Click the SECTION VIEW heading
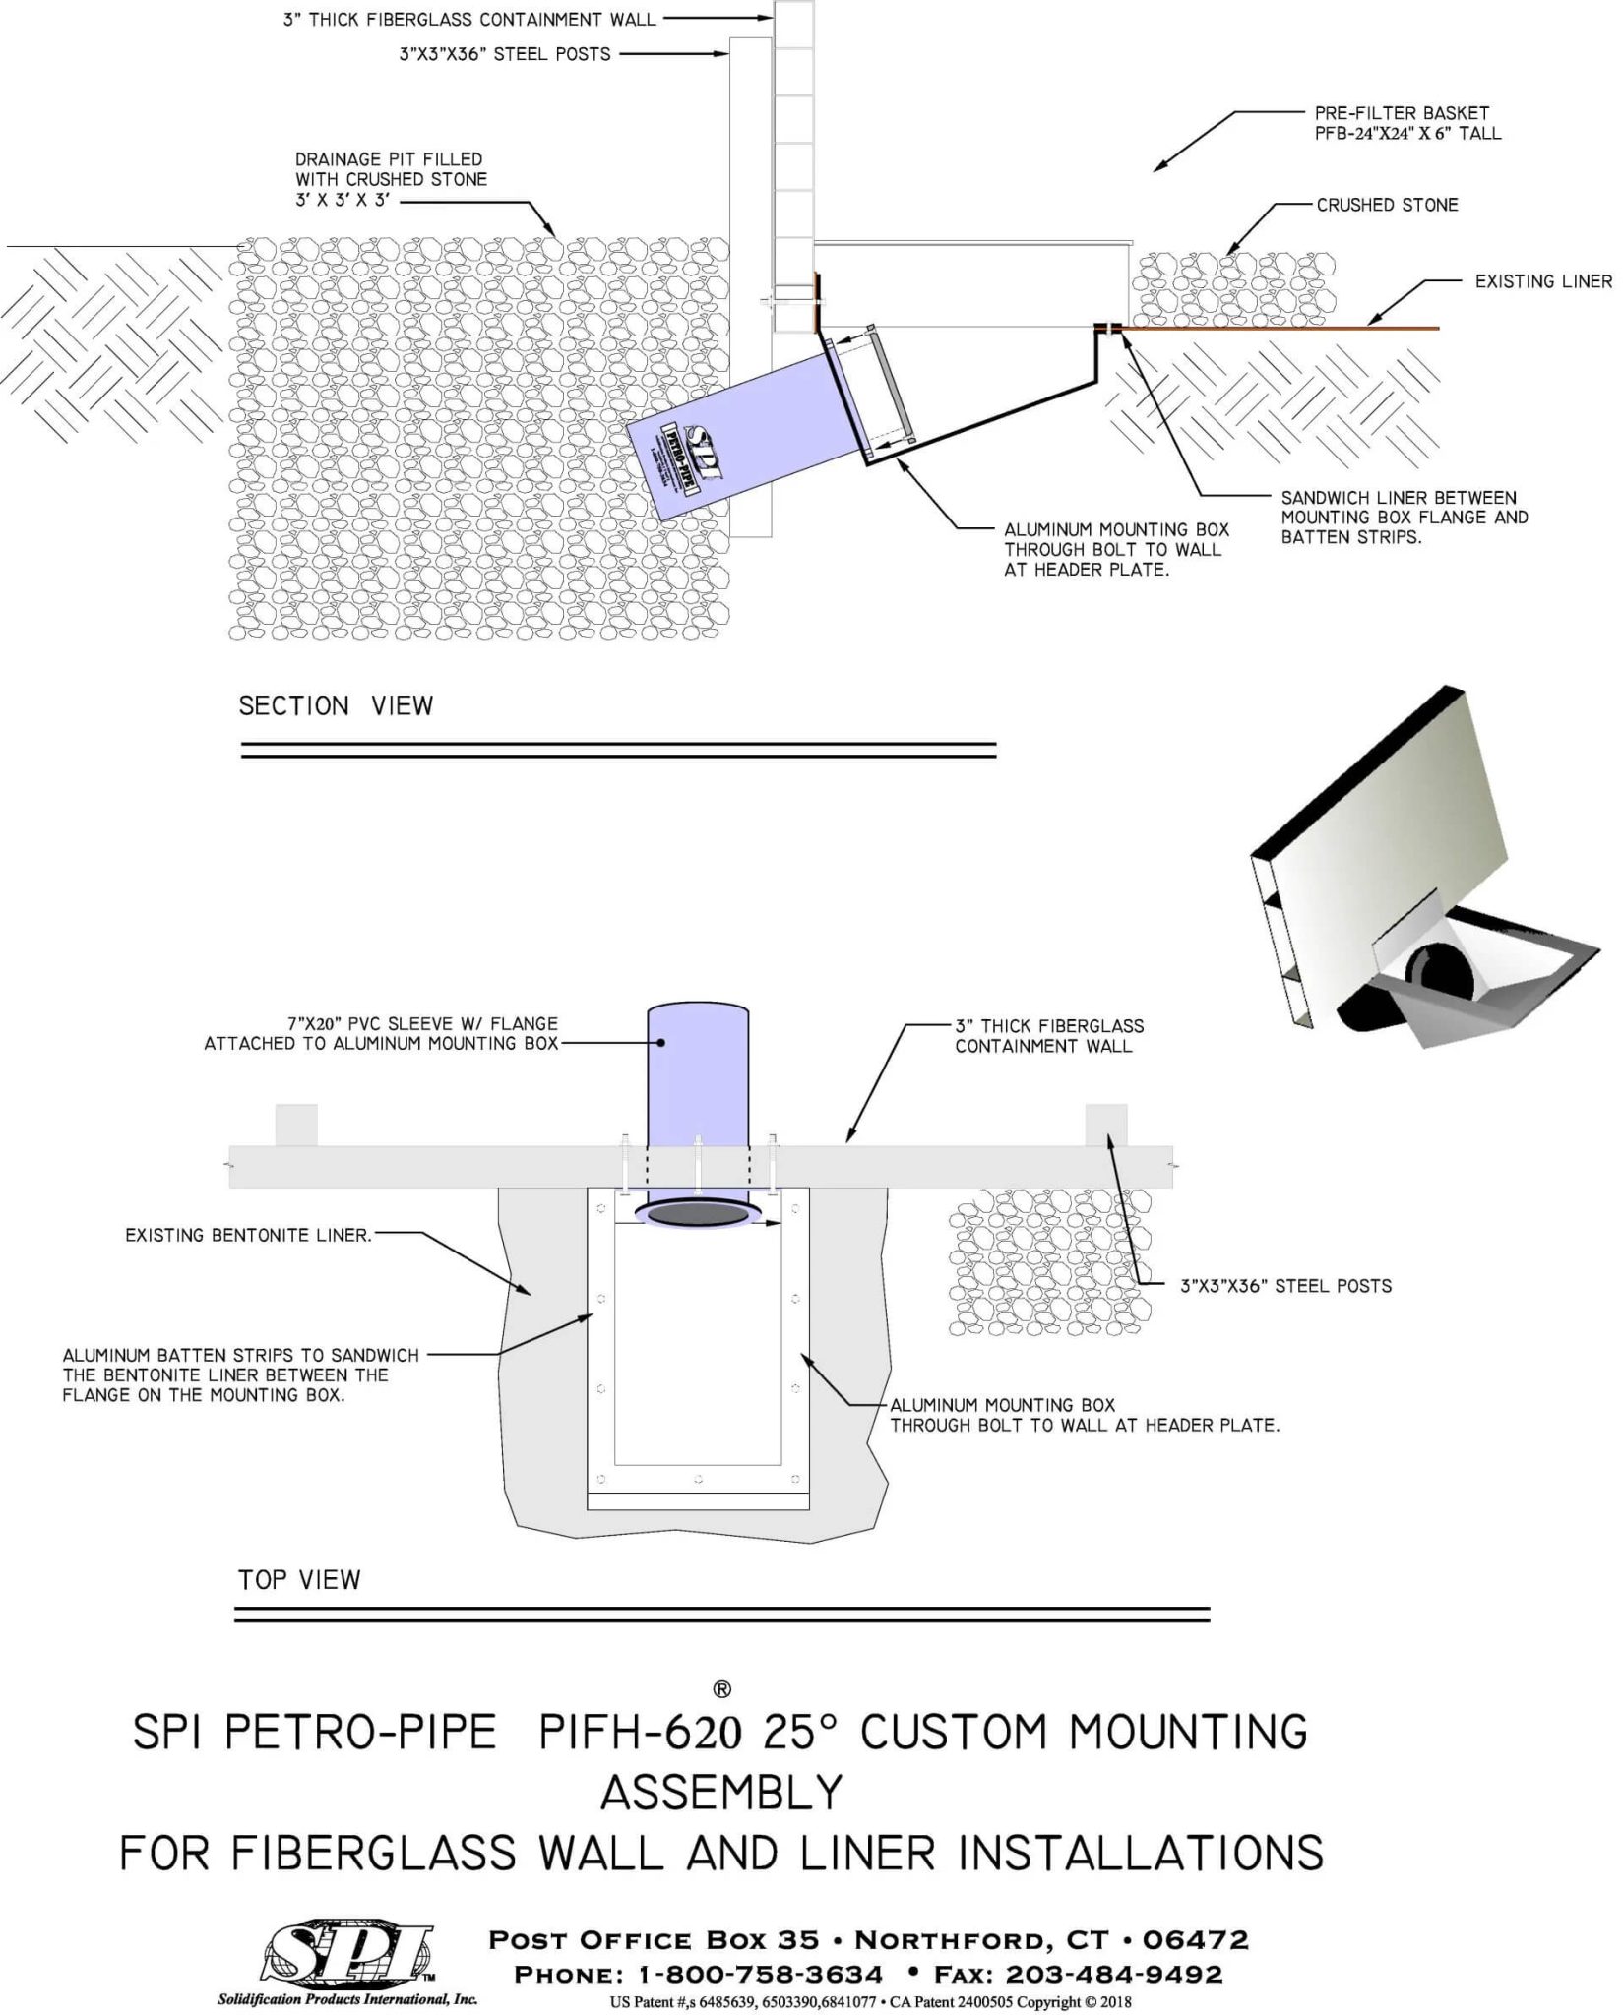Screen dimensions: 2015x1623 336,705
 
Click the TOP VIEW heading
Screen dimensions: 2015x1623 299,1579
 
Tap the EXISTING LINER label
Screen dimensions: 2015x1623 1542,281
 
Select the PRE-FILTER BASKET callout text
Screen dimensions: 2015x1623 1407,123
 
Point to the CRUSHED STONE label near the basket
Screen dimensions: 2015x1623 1387,205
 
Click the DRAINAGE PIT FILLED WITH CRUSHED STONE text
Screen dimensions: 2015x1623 391,179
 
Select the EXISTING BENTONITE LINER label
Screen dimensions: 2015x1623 248,1235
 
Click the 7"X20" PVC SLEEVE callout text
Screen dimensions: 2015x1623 382,1033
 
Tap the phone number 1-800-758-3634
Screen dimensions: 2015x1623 760,1974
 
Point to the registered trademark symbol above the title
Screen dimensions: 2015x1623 721,1689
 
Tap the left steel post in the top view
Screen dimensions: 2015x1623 296,1125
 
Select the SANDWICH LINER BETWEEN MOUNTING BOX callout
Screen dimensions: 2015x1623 1404,517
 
